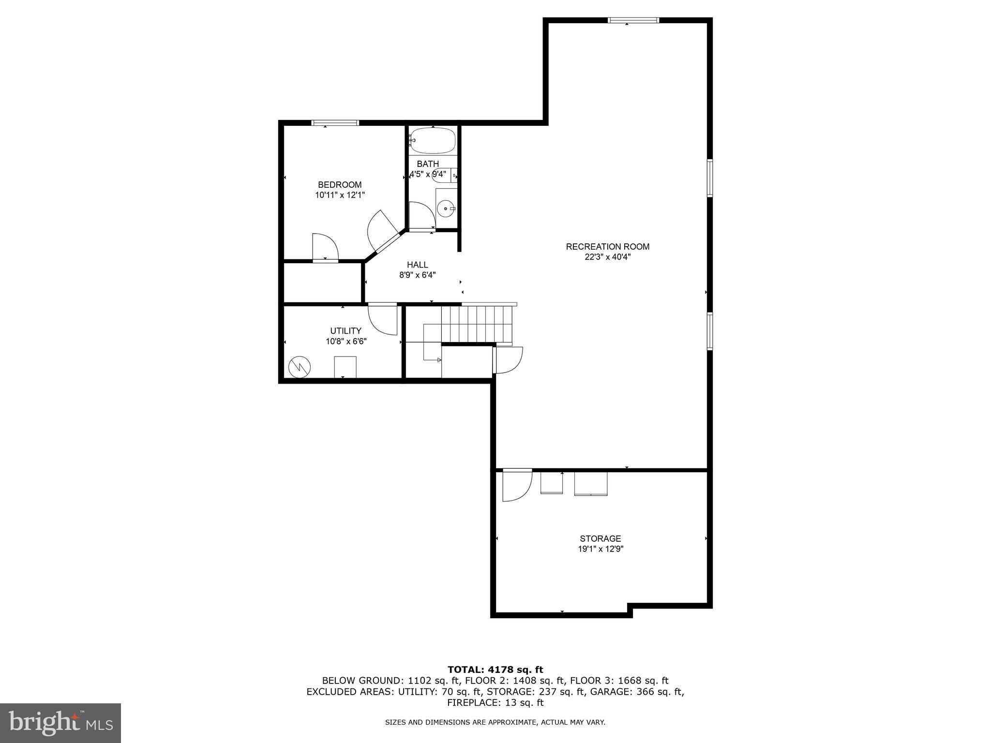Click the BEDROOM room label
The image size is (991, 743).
pyautogui.click(x=339, y=185)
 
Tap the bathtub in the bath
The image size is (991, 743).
pyautogui.click(x=433, y=140)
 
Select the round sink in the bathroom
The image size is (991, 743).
pyautogui.click(x=445, y=209)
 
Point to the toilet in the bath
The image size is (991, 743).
pyautogui.click(x=444, y=175)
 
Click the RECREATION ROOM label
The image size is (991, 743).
pyautogui.click(x=607, y=247)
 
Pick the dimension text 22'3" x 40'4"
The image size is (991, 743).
pyautogui.click(x=607, y=257)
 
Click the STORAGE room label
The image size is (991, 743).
pyautogui.click(x=600, y=538)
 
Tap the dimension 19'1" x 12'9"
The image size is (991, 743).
pyautogui.click(x=600, y=549)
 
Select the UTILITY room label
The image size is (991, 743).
pyautogui.click(x=345, y=331)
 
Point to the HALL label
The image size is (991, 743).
pyautogui.click(x=417, y=265)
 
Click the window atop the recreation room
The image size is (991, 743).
pyautogui.click(x=633, y=20)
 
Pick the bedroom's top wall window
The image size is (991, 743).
pyautogui.click(x=335, y=123)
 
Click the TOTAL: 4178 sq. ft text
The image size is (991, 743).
pyautogui.click(x=495, y=670)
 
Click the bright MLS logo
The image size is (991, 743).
pyautogui.click(x=60, y=723)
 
